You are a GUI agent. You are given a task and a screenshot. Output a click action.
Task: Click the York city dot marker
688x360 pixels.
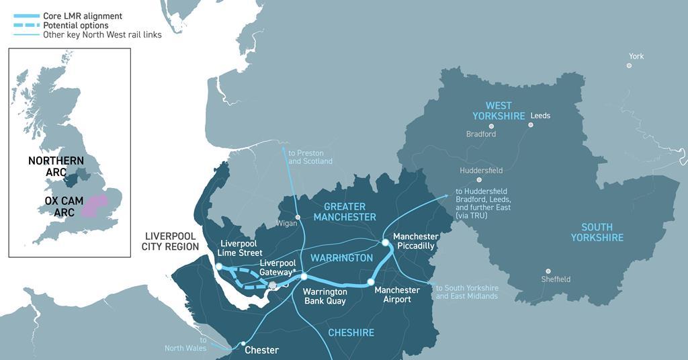coord(629,66)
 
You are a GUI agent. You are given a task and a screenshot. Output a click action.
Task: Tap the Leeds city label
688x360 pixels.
coord(540,116)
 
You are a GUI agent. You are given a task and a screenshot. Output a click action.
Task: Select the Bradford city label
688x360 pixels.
coord(481,134)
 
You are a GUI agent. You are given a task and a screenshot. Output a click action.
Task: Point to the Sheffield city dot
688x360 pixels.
coord(548,271)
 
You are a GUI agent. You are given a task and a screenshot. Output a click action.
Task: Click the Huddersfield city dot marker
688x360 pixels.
coord(479,180)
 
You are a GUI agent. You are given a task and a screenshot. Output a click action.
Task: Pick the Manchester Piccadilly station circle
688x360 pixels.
coord(386,242)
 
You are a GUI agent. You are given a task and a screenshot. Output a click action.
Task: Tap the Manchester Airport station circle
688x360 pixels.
coord(370,282)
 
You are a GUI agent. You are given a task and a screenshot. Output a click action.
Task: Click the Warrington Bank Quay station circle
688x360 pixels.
coord(304,276)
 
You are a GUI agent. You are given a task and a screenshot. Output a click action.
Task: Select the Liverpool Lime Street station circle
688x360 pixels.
coord(218,267)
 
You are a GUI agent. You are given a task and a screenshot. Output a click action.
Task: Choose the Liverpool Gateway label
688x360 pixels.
coord(277,267)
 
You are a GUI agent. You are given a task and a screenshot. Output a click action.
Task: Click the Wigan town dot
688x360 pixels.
coord(298,217)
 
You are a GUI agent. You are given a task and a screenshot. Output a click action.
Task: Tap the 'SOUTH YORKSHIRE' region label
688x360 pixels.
coord(597,232)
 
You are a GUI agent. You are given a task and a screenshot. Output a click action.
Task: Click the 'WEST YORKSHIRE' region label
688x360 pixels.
coord(499,111)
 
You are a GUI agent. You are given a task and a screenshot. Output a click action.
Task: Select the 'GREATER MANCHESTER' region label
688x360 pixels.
coord(345,212)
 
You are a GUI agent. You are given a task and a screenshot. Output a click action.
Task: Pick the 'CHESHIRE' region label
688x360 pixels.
coord(351,332)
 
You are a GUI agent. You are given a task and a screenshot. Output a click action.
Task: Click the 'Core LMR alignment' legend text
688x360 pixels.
coord(83,15)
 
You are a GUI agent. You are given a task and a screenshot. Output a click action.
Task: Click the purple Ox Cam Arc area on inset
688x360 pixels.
coord(94,204)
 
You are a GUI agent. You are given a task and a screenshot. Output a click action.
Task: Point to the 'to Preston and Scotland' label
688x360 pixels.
coord(310,157)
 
